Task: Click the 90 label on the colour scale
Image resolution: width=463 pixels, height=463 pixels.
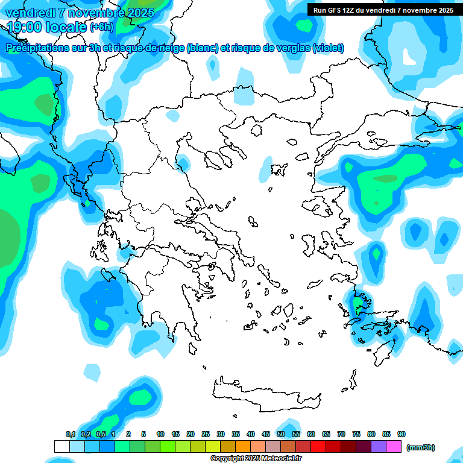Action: point(402,434)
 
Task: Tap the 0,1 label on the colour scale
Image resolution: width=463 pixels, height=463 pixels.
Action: point(71,434)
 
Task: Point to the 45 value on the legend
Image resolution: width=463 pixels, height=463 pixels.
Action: point(266,434)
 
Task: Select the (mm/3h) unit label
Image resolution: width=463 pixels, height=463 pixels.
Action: point(420,447)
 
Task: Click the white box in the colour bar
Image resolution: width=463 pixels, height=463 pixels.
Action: point(61,446)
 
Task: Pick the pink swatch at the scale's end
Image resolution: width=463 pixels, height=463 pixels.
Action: point(394,446)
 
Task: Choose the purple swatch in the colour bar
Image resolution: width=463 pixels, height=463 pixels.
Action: point(379,446)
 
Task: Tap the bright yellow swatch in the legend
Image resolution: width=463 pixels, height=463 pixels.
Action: point(212,446)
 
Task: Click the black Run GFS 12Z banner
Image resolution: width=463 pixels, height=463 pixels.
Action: point(383,10)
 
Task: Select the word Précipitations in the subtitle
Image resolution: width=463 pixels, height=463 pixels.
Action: point(37,48)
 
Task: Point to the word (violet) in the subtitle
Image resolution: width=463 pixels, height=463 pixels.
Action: point(329,48)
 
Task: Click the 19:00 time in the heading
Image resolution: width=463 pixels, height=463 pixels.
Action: point(25,27)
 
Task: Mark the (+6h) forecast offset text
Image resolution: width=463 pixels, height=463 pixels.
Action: point(102,27)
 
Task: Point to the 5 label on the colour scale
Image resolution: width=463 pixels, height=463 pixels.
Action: point(143,434)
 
